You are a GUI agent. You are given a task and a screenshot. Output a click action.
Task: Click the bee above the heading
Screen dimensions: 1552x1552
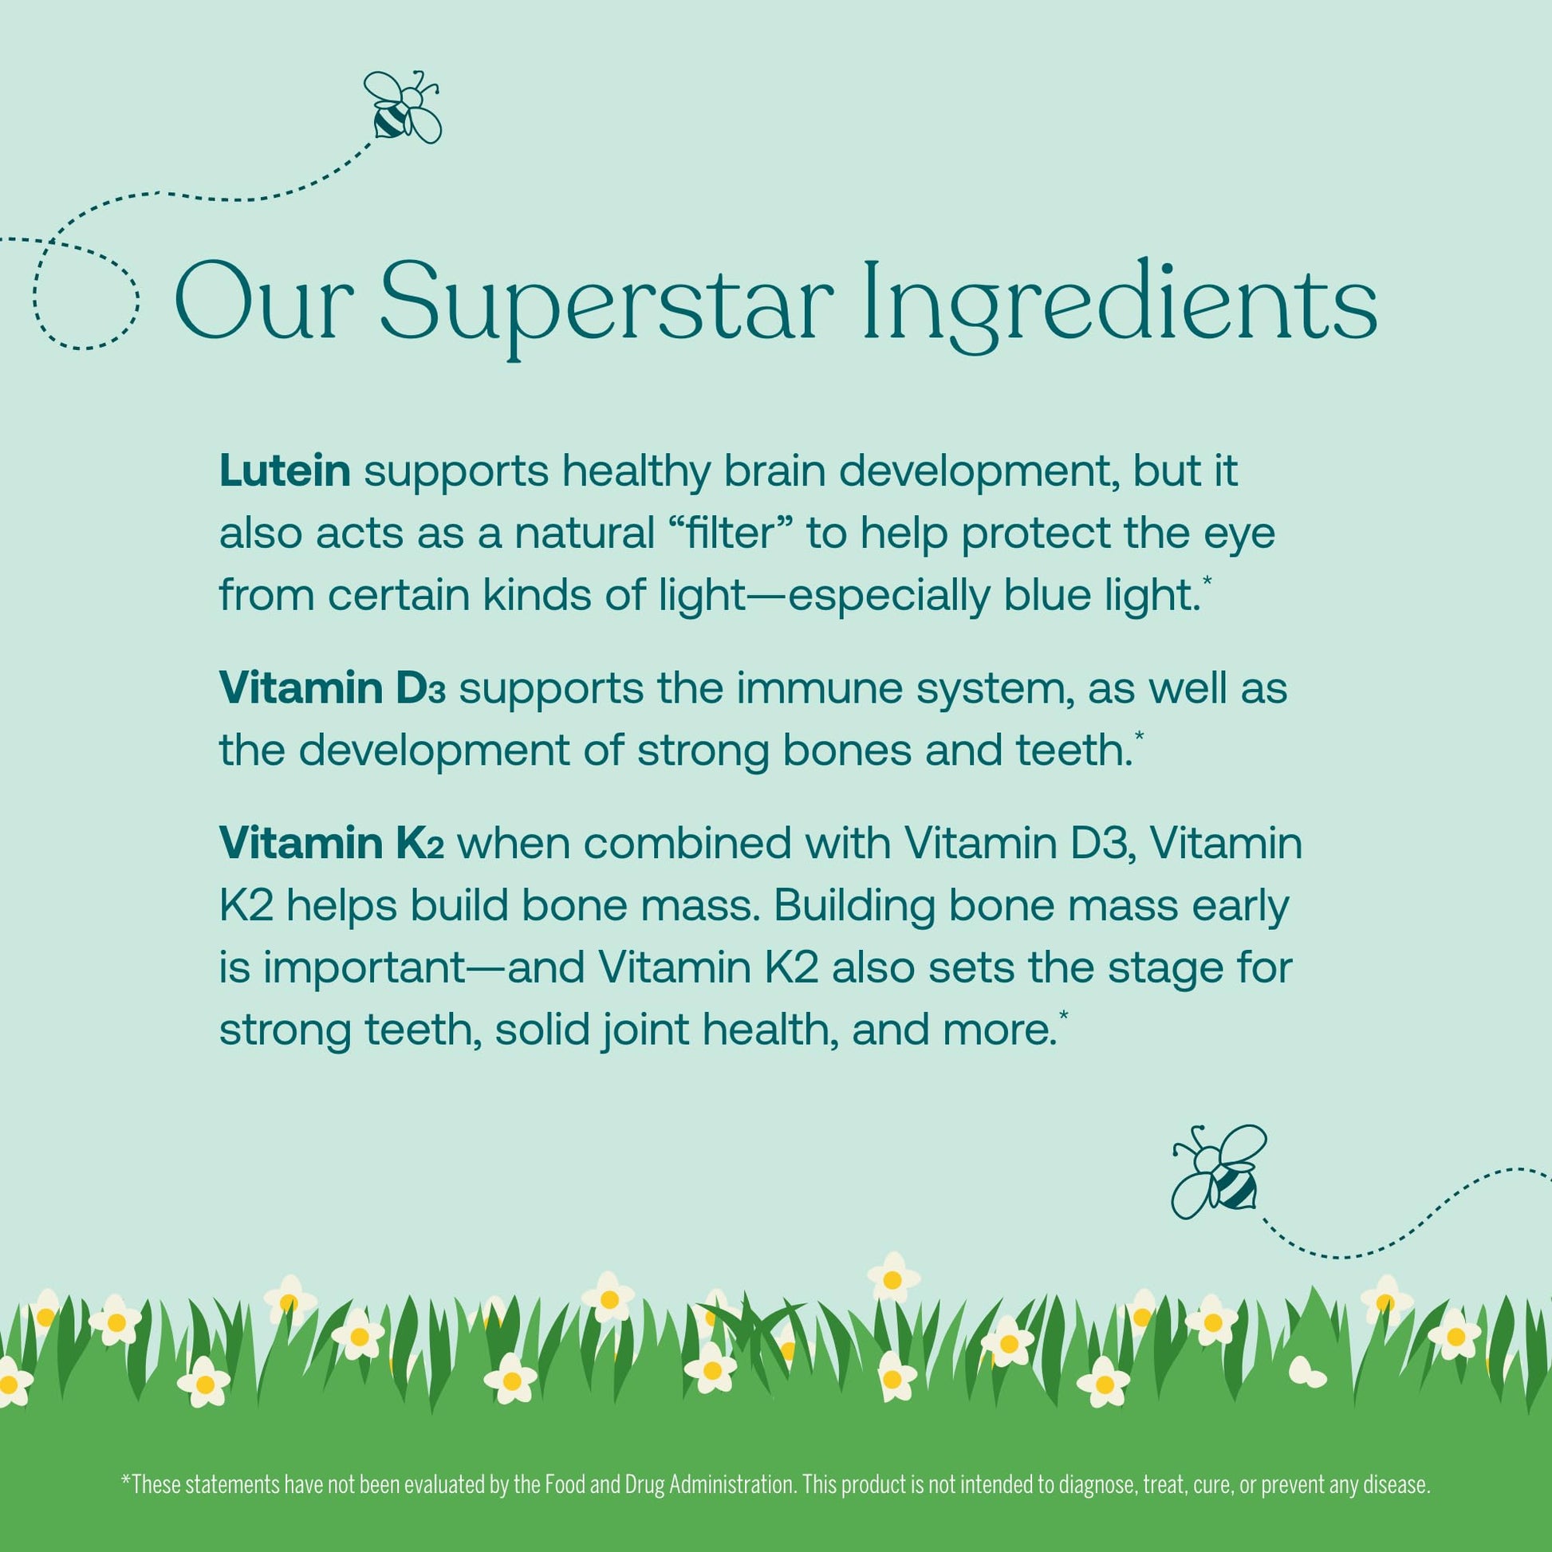click(403, 106)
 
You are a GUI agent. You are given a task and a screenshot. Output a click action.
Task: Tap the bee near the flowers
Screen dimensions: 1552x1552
click(1219, 1170)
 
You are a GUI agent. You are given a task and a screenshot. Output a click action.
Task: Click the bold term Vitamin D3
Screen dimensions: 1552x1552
click(333, 689)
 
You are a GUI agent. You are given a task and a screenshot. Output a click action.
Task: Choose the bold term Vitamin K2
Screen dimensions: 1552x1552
click(332, 844)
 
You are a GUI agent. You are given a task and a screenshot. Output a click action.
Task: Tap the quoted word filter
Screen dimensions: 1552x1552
click(729, 533)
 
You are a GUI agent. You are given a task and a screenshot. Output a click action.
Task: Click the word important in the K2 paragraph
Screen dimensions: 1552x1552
click(365, 968)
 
